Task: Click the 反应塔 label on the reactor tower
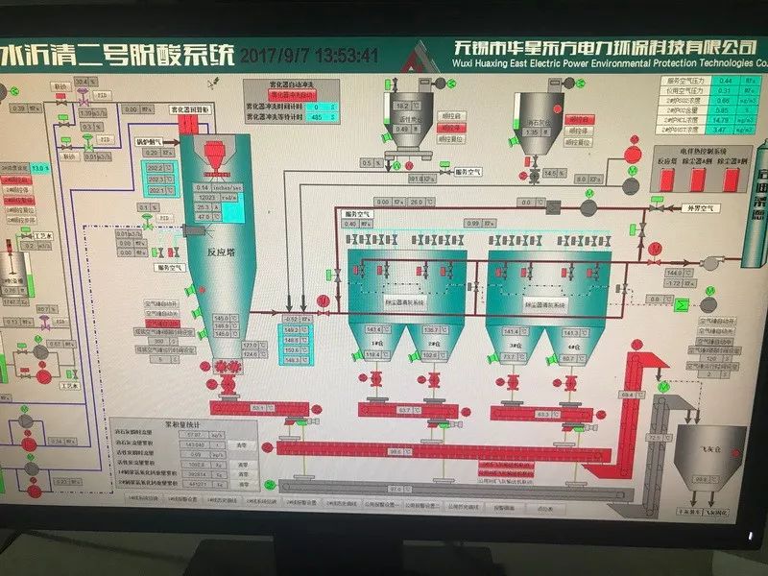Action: click(224, 253)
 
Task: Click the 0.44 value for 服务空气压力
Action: click(726, 81)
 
